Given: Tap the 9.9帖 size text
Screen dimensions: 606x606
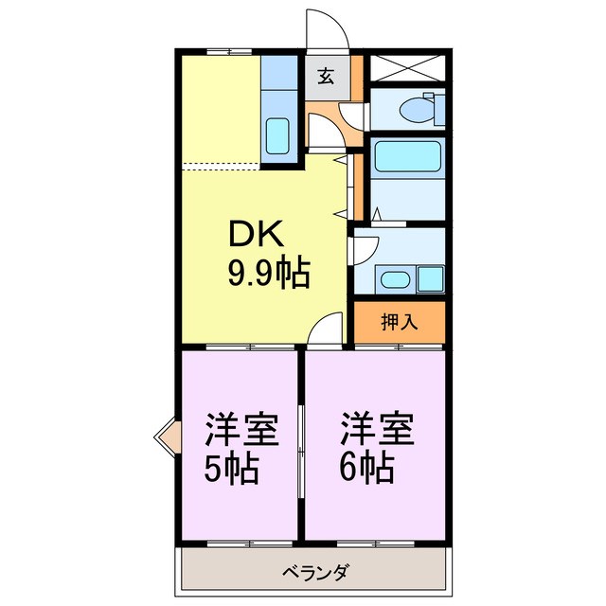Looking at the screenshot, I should (268, 273).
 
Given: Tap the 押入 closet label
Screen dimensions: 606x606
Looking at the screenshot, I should (399, 322).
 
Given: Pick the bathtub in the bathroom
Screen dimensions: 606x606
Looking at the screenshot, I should (406, 157).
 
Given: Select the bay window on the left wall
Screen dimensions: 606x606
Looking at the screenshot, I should (166, 438).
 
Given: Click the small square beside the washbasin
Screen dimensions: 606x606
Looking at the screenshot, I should (431, 279).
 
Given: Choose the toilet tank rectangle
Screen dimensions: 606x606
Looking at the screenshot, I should (438, 107).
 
